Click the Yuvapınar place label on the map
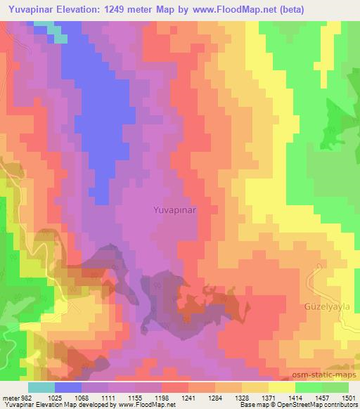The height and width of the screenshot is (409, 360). click(175, 209)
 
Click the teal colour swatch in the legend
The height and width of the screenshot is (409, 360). click(41, 387)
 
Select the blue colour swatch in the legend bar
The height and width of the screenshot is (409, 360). click(68, 387)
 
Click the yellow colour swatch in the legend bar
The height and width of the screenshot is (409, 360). click(281, 387)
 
